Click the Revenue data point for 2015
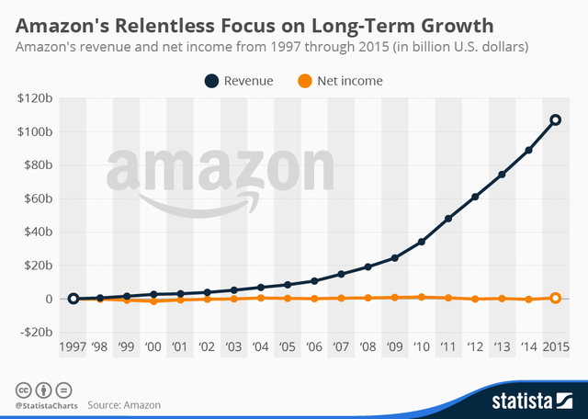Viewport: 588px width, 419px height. point(555,119)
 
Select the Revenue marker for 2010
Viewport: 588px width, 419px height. point(421,242)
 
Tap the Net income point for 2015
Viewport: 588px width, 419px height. point(555,298)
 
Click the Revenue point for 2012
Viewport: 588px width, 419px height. point(474,197)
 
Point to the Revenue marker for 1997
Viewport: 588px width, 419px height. point(73,299)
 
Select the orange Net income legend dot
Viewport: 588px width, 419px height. point(311,81)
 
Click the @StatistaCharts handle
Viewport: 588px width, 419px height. point(44,404)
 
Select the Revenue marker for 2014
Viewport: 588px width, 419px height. point(528,150)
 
